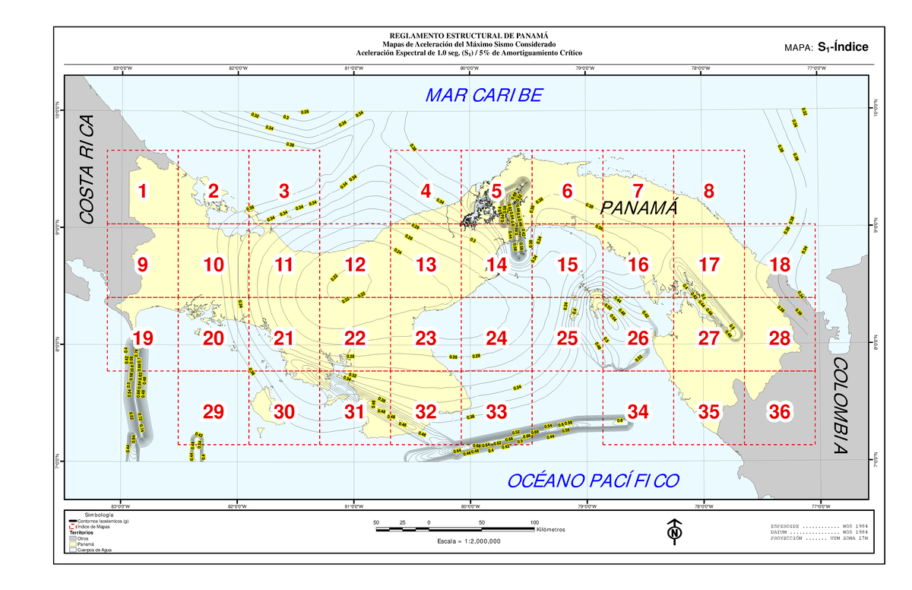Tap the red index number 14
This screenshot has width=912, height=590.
(x=496, y=265)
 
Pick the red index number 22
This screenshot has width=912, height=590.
(x=355, y=338)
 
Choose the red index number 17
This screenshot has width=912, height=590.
(x=708, y=265)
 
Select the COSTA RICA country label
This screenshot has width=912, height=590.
(x=87, y=170)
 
